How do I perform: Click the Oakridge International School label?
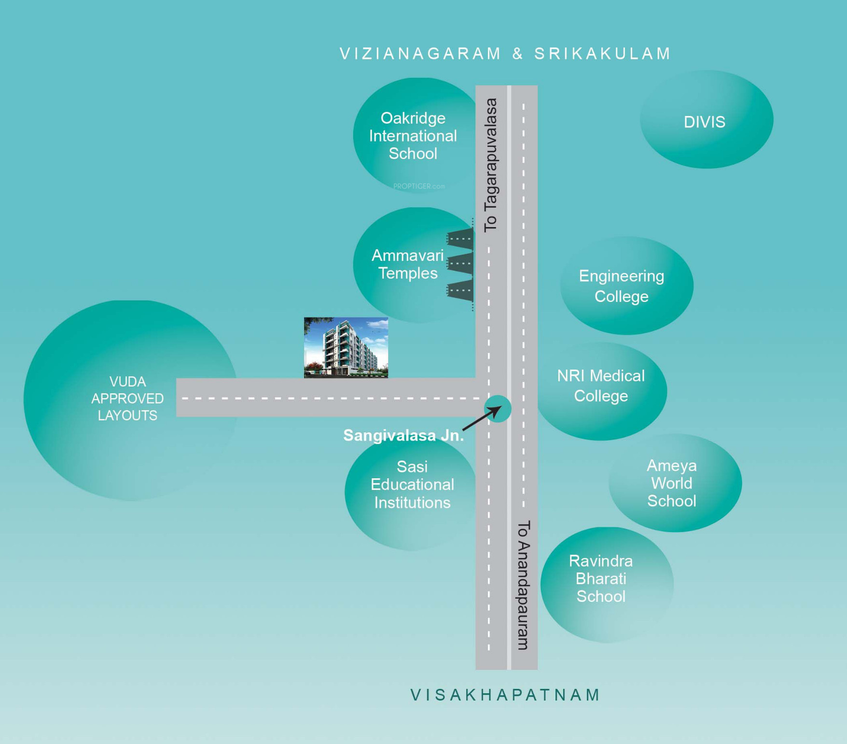(413, 136)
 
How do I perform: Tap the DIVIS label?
(704, 122)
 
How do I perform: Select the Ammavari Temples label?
(408, 264)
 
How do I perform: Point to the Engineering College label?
(621, 286)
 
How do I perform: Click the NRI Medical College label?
(601, 386)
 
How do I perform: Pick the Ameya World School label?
(671, 483)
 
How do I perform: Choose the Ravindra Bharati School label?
(601, 579)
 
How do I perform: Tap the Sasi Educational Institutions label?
(412, 485)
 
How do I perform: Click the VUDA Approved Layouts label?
(127, 399)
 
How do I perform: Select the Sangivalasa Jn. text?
(403, 436)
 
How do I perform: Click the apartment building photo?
(346, 347)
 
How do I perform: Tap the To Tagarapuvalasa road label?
(491, 165)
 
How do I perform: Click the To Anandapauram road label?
(524, 585)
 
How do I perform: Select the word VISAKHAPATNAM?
(505, 695)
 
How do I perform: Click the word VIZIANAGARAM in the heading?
(420, 54)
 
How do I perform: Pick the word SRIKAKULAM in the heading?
(602, 54)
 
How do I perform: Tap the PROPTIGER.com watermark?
(419, 186)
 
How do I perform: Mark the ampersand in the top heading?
(518, 54)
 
